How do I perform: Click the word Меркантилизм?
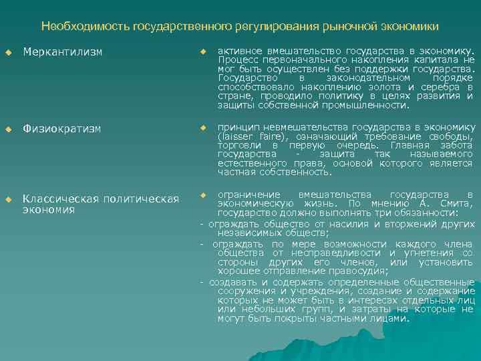[62, 51]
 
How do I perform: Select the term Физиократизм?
[61, 128]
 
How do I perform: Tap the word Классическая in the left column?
[59, 199]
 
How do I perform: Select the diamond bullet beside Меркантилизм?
[8, 51]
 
